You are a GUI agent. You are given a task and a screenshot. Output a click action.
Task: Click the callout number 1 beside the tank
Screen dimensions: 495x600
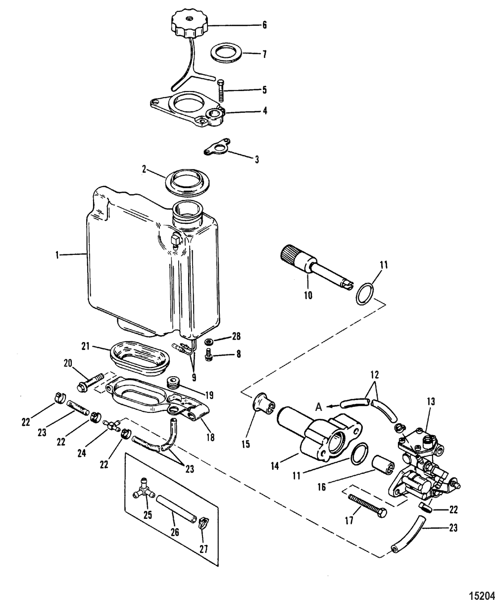pyautogui.click(x=57, y=254)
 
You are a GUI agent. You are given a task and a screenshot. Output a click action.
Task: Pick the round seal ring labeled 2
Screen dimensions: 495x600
pyautogui.click(x=187, y=182)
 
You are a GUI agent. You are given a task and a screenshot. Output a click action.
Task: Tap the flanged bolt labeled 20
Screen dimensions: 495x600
pyautogui.click(x=91, y=381)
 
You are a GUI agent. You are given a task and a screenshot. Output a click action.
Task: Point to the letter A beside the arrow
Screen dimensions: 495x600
pyautogui.click(x=318, y=407)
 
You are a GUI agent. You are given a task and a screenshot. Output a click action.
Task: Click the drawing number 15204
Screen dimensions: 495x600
pyautogui.click(x=481, y=594)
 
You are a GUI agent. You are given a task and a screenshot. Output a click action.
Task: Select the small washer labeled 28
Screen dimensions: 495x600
pyautogui.click(x=207, y=342)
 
